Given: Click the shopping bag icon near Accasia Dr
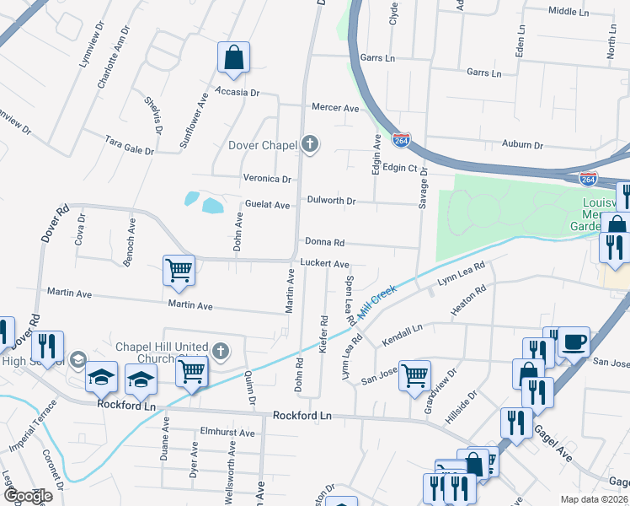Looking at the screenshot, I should click(233, 59).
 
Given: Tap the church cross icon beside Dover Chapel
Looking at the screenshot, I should click(310, 144).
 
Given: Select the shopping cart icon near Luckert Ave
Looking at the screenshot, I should click(179, 271).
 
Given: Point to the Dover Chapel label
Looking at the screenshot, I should click(263, 145).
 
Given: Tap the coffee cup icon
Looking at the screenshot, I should click(575, 342).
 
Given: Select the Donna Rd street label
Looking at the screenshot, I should click(325, 242).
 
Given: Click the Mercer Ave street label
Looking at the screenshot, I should click(335, 108).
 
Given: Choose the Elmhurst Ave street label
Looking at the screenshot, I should click(227, 433).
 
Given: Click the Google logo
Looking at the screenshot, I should click(27, 496).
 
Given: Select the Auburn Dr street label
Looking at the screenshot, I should click(522, 144).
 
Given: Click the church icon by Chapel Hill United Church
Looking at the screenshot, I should click(221, 352).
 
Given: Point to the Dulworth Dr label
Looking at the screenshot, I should click(331, 202).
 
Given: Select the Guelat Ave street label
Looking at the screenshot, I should click(268, 205).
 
